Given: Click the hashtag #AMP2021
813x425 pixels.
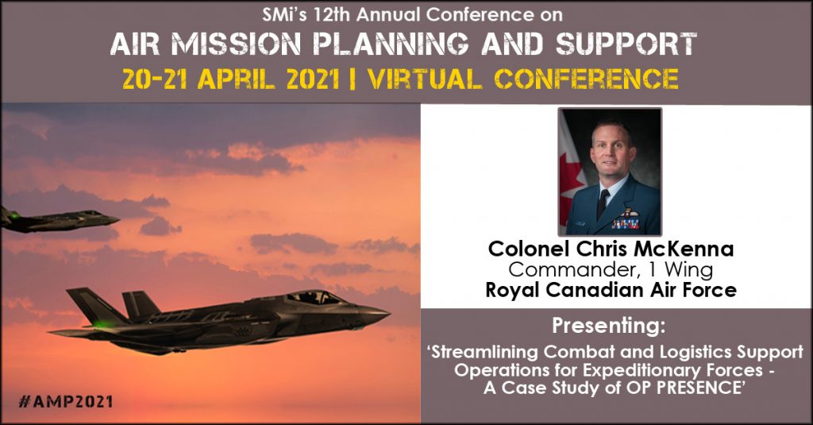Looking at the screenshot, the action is pyautogui.click(x=65, y=401).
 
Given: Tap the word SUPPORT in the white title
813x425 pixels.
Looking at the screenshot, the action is pyautogui.click(x=626, y=44).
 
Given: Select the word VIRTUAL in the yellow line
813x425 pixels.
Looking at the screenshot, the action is pyautogui.click(x=425, y=79).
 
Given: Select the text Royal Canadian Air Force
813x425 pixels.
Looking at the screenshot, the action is pyautogui.click(x=611, y=290).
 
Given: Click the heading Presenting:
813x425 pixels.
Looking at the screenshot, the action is pyautogui.click(x=608, y=326).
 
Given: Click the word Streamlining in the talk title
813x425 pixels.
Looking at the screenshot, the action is pyautogui.click(x=484, y=352).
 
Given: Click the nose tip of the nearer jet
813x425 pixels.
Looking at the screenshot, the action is pyautogui.click(x=389, y=313).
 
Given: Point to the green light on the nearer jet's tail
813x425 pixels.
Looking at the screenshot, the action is pyautogui.click(x=97, y=324).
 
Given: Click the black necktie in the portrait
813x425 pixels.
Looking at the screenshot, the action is pyautogui.click(x=602, y=203).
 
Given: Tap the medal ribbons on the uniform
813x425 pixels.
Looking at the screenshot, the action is pyautogui.click(x=626, y=224).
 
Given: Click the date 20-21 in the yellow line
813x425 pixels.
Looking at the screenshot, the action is pyautogui.click(x=155, y=79).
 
